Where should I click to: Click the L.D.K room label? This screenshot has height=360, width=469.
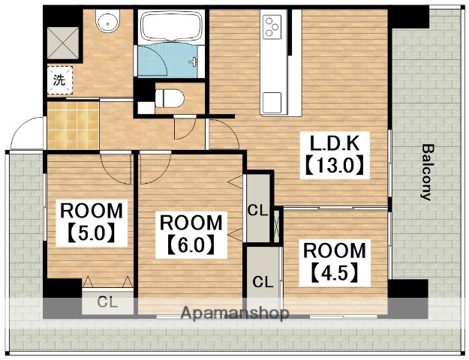334,144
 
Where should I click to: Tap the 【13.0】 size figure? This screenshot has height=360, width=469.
335,165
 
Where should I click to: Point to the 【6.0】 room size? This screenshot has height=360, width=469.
191,244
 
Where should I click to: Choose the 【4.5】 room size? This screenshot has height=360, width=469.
335,272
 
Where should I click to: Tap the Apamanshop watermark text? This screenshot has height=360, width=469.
235,313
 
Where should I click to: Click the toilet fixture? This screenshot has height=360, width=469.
170,98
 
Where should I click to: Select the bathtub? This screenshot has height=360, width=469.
171,25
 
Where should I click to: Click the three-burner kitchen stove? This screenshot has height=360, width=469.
272,27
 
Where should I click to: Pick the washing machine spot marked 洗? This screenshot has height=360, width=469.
59,80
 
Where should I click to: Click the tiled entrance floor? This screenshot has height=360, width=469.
73,125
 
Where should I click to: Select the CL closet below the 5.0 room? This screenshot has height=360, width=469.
107,302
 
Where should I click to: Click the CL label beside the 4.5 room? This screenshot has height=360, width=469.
263,281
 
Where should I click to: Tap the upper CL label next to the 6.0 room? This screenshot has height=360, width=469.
258,211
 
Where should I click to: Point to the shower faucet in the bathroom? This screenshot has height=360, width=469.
193,61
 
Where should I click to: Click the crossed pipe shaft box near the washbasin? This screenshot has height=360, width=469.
63,43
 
